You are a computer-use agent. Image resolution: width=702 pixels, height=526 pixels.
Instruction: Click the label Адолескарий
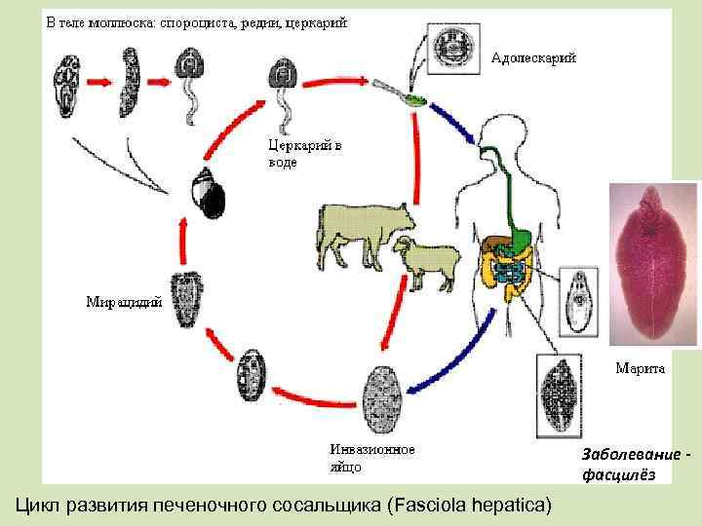pos(532,57)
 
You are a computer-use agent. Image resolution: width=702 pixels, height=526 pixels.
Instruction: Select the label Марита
pos(640,368)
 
